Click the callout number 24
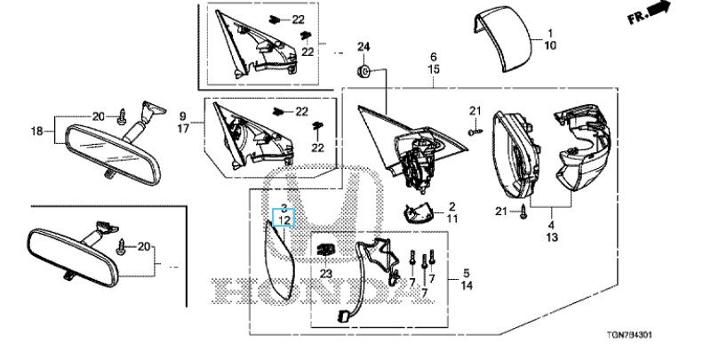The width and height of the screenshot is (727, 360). (363, 46)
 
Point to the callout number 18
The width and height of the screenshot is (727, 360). (37, 132)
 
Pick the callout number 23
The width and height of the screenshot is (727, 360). (325, 274)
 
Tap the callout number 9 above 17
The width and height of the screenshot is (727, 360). (183, 116)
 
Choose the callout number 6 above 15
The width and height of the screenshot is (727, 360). (434, 56)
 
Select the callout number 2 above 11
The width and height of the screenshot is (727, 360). (451, 205)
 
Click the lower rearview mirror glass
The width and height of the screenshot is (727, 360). (71, 257)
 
